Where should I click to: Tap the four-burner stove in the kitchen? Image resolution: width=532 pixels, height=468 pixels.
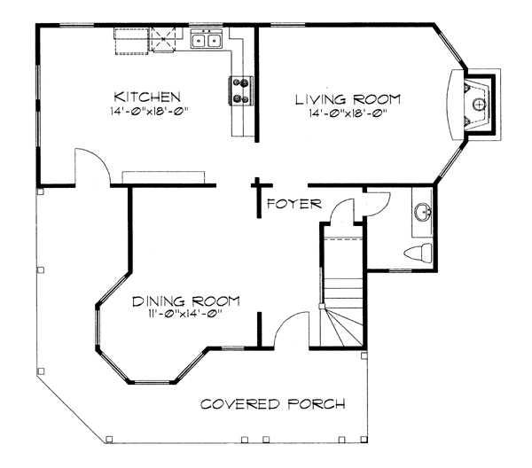click(239, 89)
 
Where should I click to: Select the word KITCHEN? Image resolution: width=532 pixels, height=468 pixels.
click(147, 96)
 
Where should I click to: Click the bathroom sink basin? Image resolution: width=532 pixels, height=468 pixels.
click(423, 214)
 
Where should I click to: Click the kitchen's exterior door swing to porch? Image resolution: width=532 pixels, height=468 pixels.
click(92, 167)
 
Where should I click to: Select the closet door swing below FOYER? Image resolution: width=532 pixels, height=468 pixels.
click(340, 213)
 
